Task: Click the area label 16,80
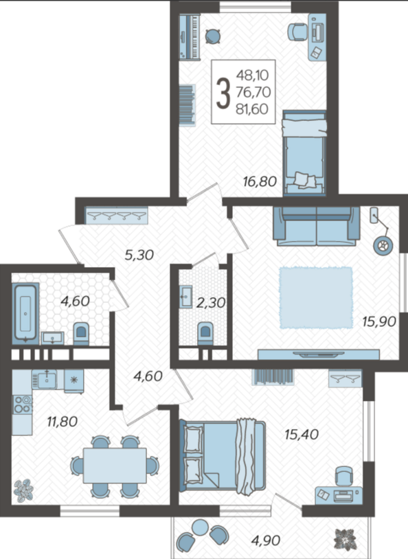click(x=260, y=181)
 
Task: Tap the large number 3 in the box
click(x=223, y=93)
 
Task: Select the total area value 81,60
click(x=252, y=109)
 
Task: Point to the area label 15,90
click(x=379, y=321)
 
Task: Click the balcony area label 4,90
click(x=266, y=540)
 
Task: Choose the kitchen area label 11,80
click(x=63, y=422)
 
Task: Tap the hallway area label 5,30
click(x=139, y=255)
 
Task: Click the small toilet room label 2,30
click(x=211, y=303)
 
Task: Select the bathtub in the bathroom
click(x=25, y=313)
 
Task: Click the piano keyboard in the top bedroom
click(x=189, y=36)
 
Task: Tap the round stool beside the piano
click(x=213, y=36)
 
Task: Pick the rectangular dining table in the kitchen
click(x=115, y=465)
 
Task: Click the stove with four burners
click(x=22, y=404)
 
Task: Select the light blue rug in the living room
click(x=316, y=297)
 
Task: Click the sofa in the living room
click(x=317, y=226)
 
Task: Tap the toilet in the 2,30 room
click(x=205, y=333)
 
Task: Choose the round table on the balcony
click(x=200, y=527)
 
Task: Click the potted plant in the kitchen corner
click(x=23, y=490)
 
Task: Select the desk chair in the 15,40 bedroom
click(x=345, y=476)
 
